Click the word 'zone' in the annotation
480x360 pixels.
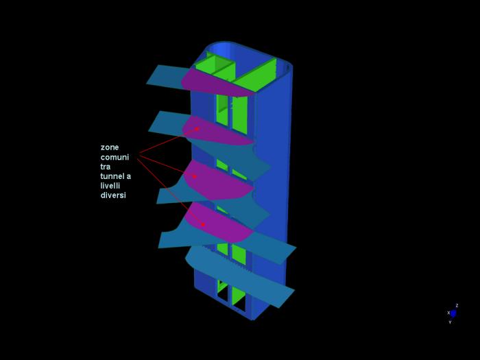[x=110, y=147]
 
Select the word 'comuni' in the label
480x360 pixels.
[x=115, y=157]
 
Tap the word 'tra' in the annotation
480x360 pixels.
[x=106, y=167]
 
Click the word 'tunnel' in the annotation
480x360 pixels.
[x=112, y=176]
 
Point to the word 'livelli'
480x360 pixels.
[x=110, y=186]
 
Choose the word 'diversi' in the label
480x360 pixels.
[x=113, y=195]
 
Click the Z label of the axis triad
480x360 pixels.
[x=457, y=306]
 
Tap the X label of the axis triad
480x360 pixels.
[x=448, y=313]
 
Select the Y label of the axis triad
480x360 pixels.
[x=450, y=322]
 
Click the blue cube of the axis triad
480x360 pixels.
[x=453, y=314]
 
